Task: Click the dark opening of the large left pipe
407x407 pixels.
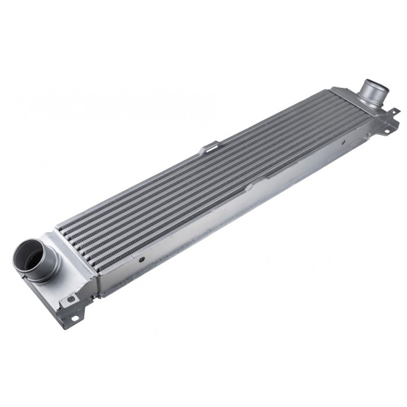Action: pyautogui.click(x=28, y=255)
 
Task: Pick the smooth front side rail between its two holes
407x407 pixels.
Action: pyautogui.click(x=221, y=212)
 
